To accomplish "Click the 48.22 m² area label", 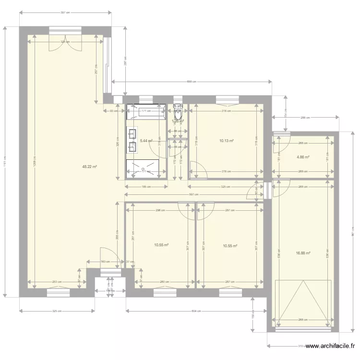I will pyautogui.click(x=90, y=167).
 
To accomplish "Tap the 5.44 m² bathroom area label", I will pyautogui.click(x=146, y=141).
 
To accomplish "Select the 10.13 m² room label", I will pyautogui.click(x=226, y=141).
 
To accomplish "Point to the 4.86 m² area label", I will pyautogui.click(x=303, y=156).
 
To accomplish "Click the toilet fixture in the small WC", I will pyautogui.click(x=178, y=113).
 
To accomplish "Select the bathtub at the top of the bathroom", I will pyautogui.click(x=146, y=112).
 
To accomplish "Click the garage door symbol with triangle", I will pyautogui.click(x=303, y=302).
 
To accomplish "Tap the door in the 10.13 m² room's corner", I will pyautogui.click(x=197, y=169).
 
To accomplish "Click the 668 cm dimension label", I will pyautogui.click(x=192, y=82).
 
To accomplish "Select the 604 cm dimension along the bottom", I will pyautogui.click(x=195, y=311).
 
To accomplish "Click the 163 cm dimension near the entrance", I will pyautogui.click(x=105, y=262).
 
